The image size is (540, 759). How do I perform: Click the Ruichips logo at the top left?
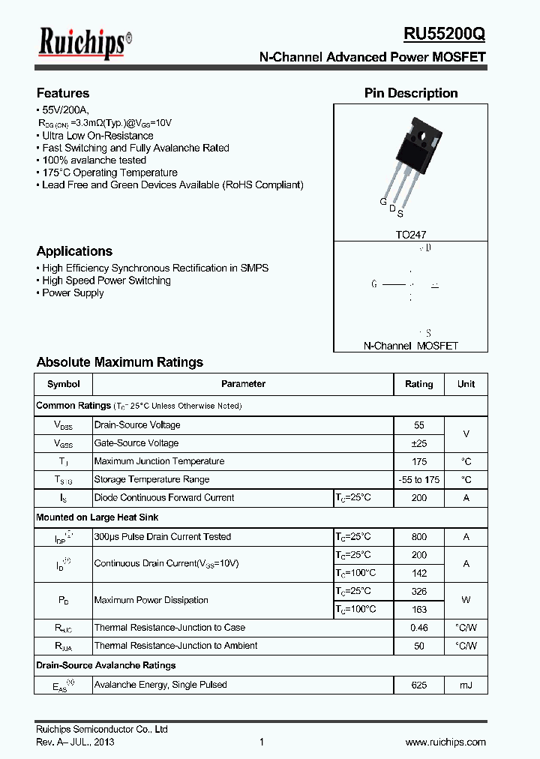pos(85,43)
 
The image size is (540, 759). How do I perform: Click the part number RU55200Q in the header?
pos(445,35)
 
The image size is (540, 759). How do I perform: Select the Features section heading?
pos(63,93)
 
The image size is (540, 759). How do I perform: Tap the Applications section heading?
pos(74,251)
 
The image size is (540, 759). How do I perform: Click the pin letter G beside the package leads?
pos(382,202)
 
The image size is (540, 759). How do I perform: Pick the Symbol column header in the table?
pos(63,384)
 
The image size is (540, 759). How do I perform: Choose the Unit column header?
pos(466,384)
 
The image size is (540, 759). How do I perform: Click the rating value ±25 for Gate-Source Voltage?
pos(419,443)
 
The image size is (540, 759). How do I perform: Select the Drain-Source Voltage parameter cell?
pos(137,425)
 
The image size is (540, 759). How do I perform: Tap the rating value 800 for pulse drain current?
pos(419,537)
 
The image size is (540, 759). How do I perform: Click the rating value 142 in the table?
pos(419,573)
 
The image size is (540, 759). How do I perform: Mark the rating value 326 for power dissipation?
pos(419,591)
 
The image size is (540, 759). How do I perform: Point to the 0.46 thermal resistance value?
pos(419,628)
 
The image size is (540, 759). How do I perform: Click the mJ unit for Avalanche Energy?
pos(466,685)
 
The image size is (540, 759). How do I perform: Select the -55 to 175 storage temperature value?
pos(419,479)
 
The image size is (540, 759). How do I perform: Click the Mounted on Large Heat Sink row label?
pos(97,517)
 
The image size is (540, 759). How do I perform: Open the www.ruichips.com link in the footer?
pos(445,742)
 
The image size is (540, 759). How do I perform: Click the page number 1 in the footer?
pos(262,742)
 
